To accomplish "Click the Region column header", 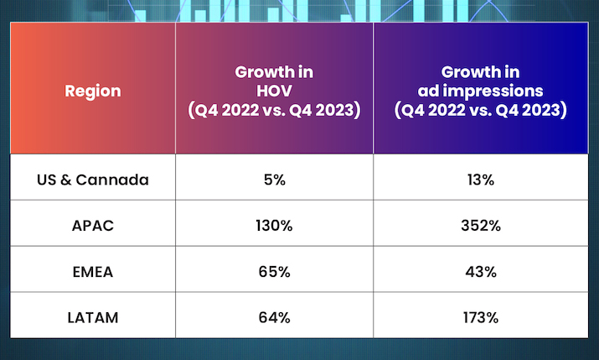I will click(x=92, y=91).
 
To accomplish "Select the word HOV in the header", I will click(x=274, y=91).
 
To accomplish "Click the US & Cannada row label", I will click(x=92, y=180).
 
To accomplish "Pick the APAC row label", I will click(x=92, y=226).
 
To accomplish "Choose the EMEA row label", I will click(x=92, y=272).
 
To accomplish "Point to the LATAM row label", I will click(x=92, y=317).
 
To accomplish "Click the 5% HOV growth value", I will click(x=274, y=180).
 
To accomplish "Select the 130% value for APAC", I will click(x=274, y=226).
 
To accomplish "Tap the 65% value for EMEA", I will click(x=274, y=272).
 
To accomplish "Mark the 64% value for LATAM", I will click(x=274, y=317).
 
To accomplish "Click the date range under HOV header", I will click(x=274, y=110).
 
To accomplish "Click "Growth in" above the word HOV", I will click(x=274, y=71).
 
